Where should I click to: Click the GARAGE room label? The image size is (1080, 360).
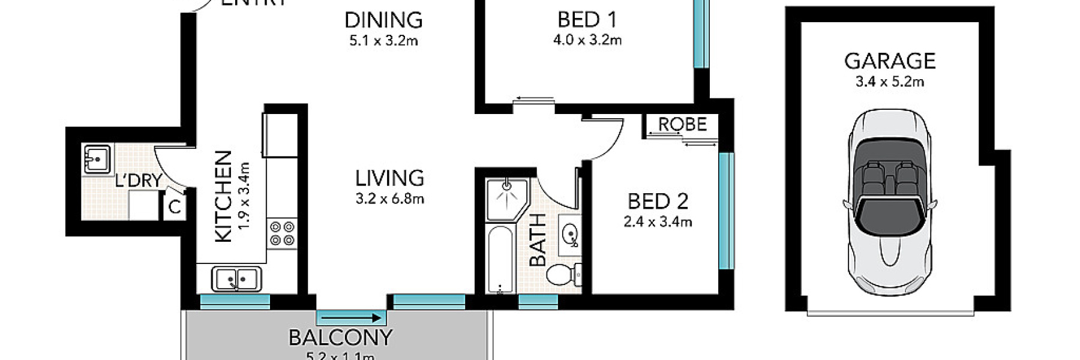tap(890, 61)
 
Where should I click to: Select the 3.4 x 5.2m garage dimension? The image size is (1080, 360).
tap(890, 82)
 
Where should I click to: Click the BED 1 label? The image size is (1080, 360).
tap(587, 20)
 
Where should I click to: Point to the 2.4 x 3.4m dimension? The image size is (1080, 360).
tap(658, 222)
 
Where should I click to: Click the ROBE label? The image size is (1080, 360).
tap(682, 124)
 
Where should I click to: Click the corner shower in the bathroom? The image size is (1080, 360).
tap(506, 199)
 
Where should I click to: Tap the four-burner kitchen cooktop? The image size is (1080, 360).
tap(282, 233)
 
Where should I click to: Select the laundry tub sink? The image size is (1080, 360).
tap(96, 159)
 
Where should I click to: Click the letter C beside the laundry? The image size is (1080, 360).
tap(175, 208)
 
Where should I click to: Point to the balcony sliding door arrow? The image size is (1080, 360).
tap(352, 318)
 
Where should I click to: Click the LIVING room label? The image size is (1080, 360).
tap(389, 178)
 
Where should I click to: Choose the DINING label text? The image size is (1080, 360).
tap(383, 20)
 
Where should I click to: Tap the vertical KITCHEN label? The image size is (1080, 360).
tap(223, 197)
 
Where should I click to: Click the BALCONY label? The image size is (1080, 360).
tap(340, 338)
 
